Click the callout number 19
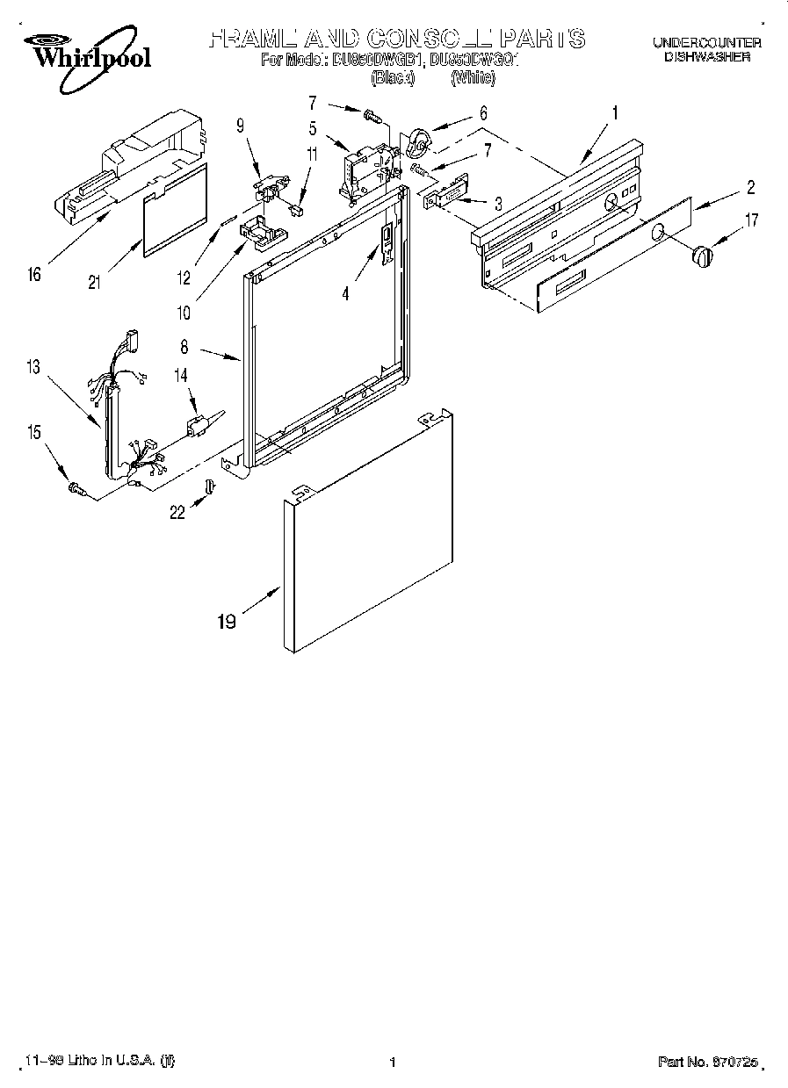pos(227,622)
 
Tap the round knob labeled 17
pos(702,256)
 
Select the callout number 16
pos(34,276)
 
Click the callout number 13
pos(34,368)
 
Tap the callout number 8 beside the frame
pos(184,348)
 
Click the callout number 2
pos(750,186)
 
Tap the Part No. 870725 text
pos(712,1062)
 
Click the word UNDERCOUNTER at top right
pos(706,42)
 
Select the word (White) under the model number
pos(473,78)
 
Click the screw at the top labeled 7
pos(371,114)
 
